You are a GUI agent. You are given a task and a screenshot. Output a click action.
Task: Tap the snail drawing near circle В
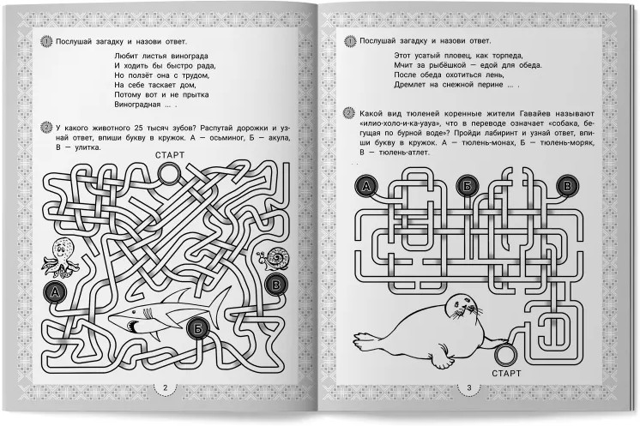pyautogui.click(x=274, y=259)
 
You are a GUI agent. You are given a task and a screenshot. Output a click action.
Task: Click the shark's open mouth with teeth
pyautogui.click(x=133, y=326)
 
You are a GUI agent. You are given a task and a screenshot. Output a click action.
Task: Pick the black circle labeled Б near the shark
pyautogui.click(x=198, y=328)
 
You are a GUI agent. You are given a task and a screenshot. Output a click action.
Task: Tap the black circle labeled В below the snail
pyautogui.click(x=276, y=284)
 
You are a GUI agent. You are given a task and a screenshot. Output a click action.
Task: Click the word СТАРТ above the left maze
pyautogui.click(x=170, y=155)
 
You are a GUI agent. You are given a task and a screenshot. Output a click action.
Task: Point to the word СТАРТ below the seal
pyautogui.click(x=506, y=374)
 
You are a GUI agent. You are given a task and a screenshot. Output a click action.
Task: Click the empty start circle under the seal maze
pyautogui.click(x=505, y=354)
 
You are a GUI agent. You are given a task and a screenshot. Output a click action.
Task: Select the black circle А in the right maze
pyautogui.click(x=366, y=186)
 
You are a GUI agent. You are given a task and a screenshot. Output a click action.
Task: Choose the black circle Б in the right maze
pyautogui.click(x=467, y=186)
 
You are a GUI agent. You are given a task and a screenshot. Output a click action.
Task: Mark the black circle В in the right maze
pyautogui.click(x=567, y=186)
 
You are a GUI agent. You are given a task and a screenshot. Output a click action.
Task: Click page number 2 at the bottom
pyautogui.click(x=166, y=387)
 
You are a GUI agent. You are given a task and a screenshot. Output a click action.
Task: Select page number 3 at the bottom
pyautogui.click(x=469, y=387)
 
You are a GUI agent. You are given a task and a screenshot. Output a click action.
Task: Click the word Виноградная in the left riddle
pyautogui.click(x=137, y=105)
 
